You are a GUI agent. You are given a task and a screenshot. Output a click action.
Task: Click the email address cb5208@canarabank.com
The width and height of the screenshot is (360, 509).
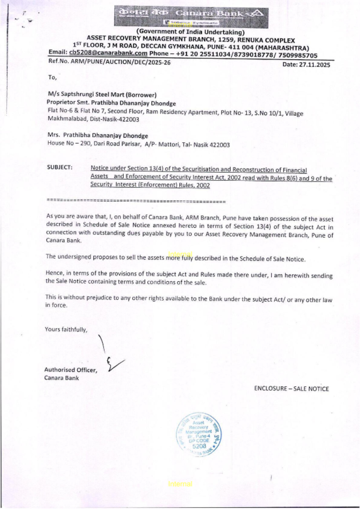pyautogui.click(x=108, y=53)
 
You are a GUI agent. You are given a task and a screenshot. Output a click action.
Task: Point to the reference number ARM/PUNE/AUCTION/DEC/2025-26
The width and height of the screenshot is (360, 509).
pyautogui.click(x=121, y=62)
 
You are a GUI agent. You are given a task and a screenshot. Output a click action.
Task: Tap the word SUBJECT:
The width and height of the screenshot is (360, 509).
pyautogui.click(x=59, y=167)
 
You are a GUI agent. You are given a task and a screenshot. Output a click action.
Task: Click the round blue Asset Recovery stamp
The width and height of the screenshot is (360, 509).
pyautogui.click(x=198, y=434)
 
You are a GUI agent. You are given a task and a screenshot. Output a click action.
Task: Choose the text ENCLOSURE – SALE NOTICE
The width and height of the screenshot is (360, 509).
pyautogui.click(x=291, y=389)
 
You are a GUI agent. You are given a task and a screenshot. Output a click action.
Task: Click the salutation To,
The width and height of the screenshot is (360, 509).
pyautogui.click(x=52, y=77)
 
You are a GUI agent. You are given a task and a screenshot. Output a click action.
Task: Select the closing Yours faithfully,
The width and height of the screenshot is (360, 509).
pyautogui.click(x=66, y=329)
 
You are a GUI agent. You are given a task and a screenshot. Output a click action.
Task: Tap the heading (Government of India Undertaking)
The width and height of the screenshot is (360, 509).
pyautogui.click(x=190, y=32)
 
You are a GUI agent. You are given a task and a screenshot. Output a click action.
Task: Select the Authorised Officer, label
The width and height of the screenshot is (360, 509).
pyautogui.click(x=71, y=370)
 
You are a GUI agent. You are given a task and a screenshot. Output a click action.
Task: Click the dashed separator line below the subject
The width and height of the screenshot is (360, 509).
pyautogui.click(x=136, y=201)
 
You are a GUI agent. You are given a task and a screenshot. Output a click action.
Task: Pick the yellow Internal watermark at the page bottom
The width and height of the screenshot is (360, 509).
pyautogui.click(x=180, y=484)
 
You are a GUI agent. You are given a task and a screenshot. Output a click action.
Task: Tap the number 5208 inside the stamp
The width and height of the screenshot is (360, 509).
pyautogui.click(x=199, y=446)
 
